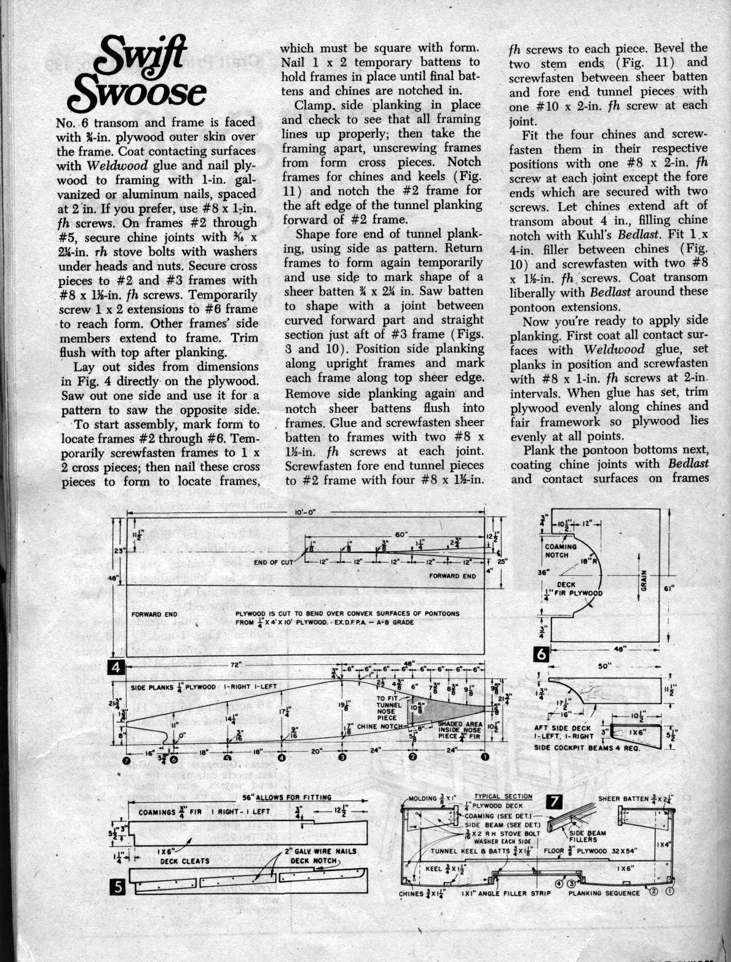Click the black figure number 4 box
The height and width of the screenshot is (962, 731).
click(117, 667)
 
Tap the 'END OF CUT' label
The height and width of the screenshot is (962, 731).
click(274, 562)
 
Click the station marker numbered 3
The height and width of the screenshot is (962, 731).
click(342, 757)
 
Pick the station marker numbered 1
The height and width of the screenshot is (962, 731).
click(485, 757)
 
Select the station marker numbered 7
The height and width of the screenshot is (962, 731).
click(127, 760)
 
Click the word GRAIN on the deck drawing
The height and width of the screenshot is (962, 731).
click(643, 578)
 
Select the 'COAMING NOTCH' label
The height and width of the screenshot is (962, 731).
click(561, 550)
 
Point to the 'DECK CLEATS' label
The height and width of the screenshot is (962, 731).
click(185, 861)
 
